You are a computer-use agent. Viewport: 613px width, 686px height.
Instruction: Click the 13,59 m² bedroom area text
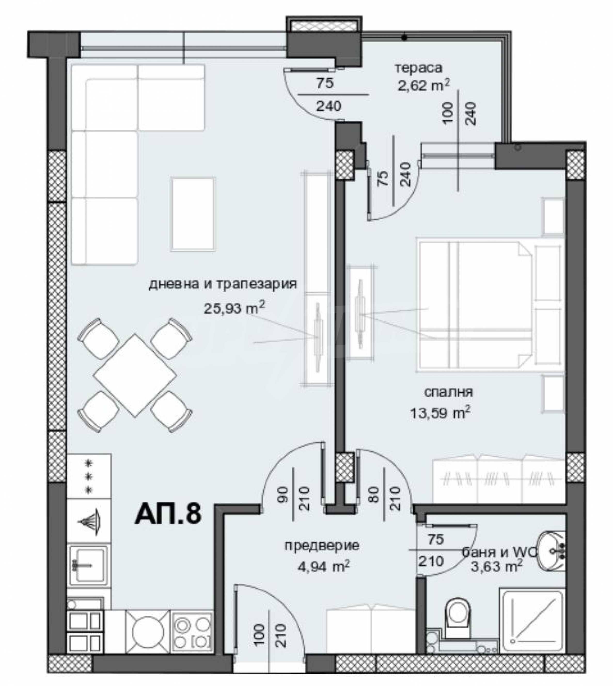[x=440, y=413]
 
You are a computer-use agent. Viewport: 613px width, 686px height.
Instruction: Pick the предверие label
[x=322, y=545]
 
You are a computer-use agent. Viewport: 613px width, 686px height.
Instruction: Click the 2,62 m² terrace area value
[x=423, y=86]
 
